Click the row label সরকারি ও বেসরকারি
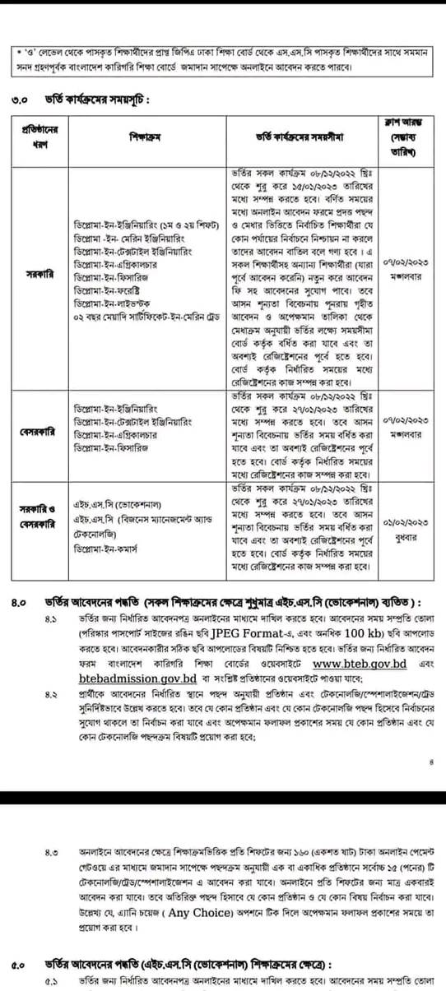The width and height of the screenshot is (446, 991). [x=37, y=516]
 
